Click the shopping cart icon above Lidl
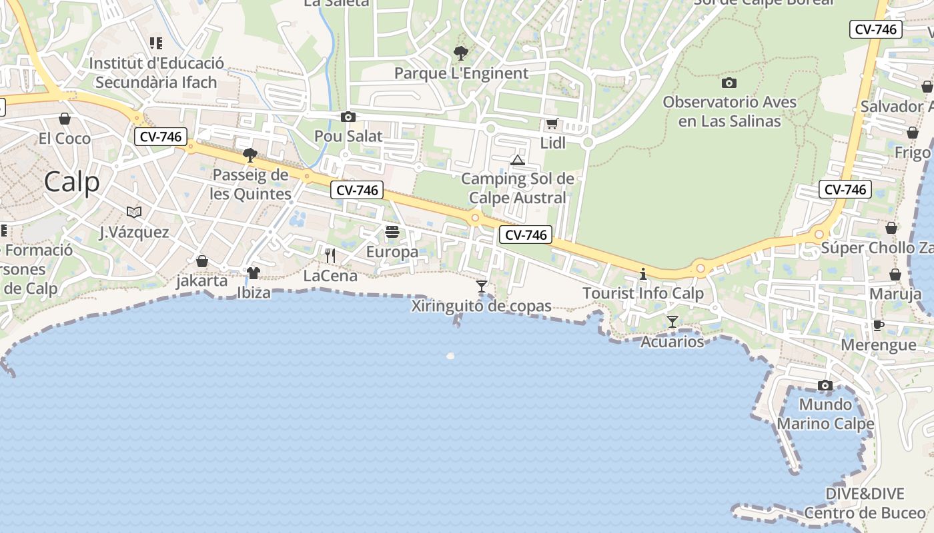[x=552, y=124]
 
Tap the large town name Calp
[x=72, y=182]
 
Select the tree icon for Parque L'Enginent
[x=460, y=53]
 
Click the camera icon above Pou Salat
[x=348, y=117]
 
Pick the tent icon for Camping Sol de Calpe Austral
[x=517, y=160]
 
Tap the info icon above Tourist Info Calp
[x=643, y=273]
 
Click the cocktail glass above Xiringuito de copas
[x=482, y=287]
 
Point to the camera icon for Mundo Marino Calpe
[x=825, y=386]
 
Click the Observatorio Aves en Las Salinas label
[x=729, y=112]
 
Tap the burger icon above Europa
[x=392, y=232]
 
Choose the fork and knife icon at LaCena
[x=330, y=256]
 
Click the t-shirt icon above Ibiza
[x=254, y=272]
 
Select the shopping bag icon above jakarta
[x=202, y=261]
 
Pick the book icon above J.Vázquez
[x=134, y=212]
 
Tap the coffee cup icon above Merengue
[x=879, y=325]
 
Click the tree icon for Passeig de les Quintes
[x=250, y=155]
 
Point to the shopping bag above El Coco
[x=65, y=119]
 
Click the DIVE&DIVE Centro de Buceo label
[x=865, y=503]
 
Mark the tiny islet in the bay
[x=450, y=356]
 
